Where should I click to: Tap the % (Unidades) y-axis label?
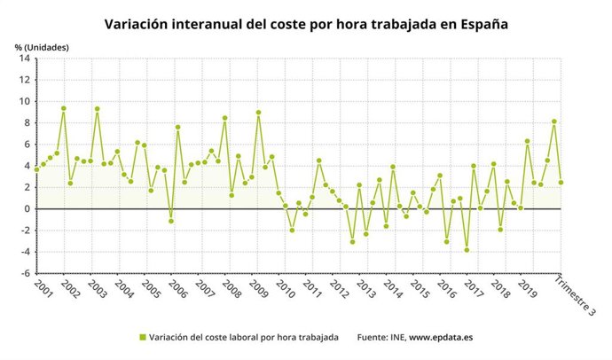click(41, 46)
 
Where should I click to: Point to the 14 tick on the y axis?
click(25, 59)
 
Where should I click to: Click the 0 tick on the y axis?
click(27, 209)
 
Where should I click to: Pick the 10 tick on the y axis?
click(25, 101)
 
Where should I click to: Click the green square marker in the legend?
click(142, 338)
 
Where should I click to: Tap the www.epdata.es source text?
click(443, 338)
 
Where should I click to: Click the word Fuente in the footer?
click(373, 338)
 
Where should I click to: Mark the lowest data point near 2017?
click(467, 250)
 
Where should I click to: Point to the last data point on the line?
click(561, 183)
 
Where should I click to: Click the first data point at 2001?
click(36, 168)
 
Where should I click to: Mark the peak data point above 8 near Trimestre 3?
click(554, 121)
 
